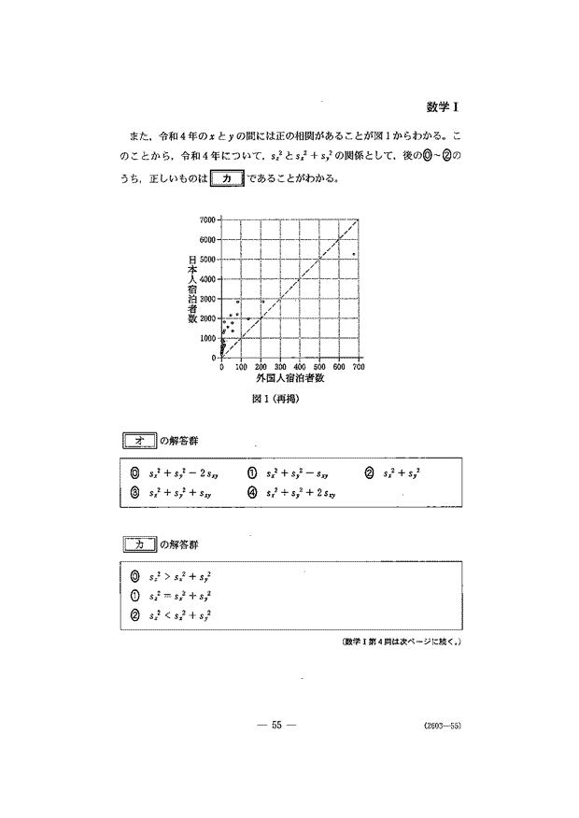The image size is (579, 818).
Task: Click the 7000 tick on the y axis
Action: click(207, 219)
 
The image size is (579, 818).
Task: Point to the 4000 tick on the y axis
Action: click(207, 278)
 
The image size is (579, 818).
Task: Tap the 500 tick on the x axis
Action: click(319, 367)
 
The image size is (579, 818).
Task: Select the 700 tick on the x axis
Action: click(358, 367)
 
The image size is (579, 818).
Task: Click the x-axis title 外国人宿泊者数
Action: click(289, 379)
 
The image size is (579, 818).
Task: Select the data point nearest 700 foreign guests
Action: click(353, 254)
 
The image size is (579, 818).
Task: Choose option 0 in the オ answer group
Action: click(135, 473)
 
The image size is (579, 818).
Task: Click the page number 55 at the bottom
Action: click(276, 725)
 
